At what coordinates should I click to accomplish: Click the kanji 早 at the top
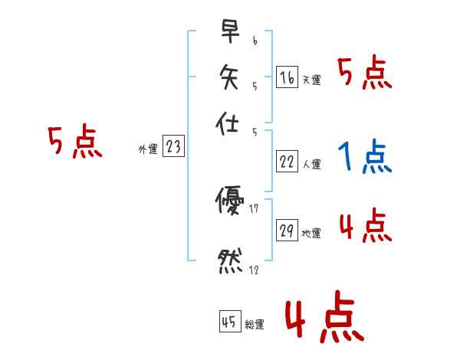pos(228,32)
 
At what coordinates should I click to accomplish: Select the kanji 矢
pos(228,77)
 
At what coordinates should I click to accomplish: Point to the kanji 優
pos(228,201)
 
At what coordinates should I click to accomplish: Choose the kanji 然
pos(228,260)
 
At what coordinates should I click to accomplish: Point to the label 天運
pos(312,80)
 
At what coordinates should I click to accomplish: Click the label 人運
pos(312,164)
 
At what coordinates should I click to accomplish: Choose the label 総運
pos(255,324)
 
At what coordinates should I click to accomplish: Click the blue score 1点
pos(364,158)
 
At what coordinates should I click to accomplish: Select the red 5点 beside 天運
pos(364,74)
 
